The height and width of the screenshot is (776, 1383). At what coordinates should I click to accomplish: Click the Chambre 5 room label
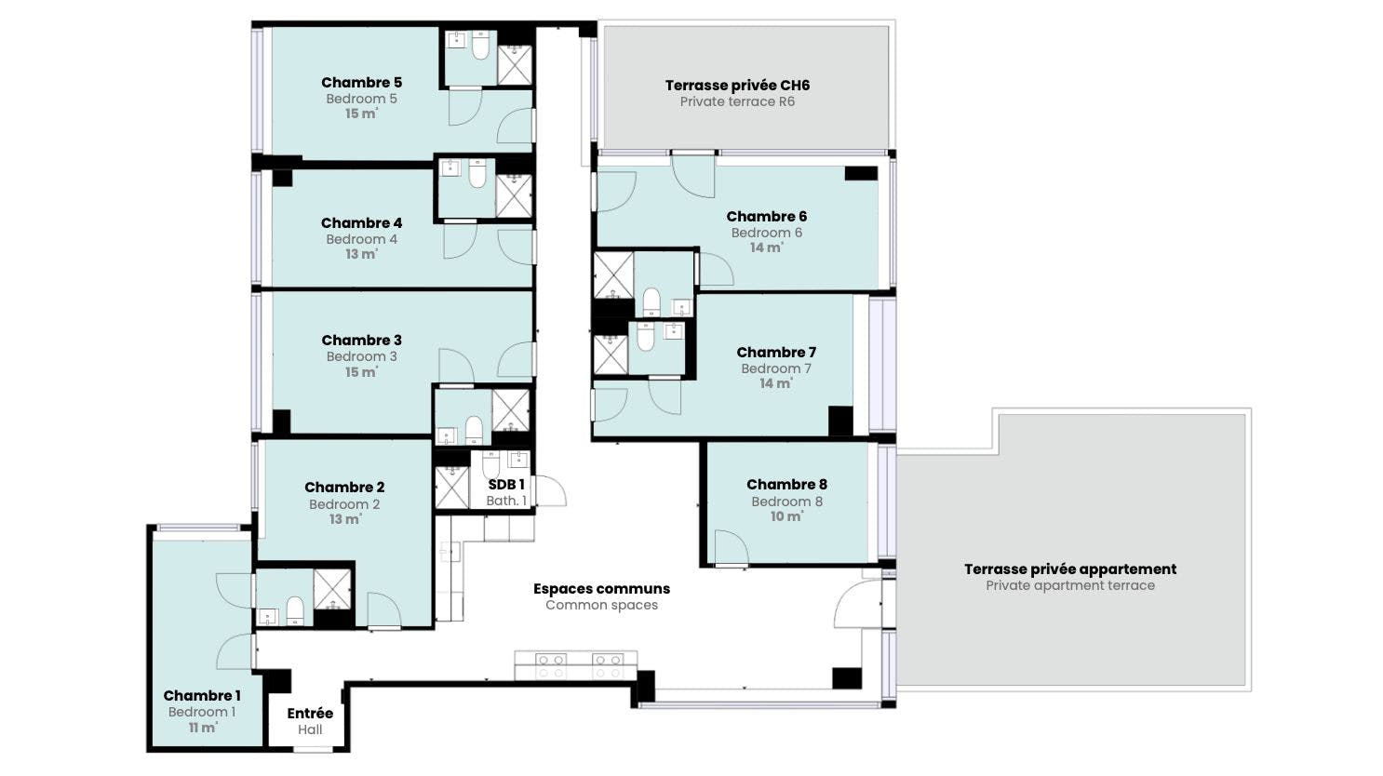pos(361,83)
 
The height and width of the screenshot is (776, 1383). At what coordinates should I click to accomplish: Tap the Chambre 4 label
pos(361,223)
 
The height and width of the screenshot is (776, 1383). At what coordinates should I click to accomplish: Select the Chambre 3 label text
pos(361,341)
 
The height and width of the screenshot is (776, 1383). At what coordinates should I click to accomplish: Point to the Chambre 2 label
pos(344,488)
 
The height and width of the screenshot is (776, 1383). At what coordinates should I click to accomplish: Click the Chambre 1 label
pos(202,696)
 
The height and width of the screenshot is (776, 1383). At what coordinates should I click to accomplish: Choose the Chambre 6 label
pos(766,217)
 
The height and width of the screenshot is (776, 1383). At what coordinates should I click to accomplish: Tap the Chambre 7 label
pos(776,353)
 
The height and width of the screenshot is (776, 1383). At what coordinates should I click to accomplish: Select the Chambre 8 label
pos(786,485)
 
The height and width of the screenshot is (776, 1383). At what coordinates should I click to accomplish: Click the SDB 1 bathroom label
pos(506,485)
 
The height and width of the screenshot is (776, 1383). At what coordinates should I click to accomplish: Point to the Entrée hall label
pos(310,714)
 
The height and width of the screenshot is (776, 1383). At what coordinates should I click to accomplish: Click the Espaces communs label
pos(601,589)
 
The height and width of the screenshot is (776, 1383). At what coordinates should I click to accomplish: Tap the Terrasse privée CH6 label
pos(737,86)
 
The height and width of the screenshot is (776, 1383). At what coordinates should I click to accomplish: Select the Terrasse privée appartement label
pos(1070,569)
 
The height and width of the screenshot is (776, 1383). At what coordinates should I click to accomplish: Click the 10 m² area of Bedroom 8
pos(786,516)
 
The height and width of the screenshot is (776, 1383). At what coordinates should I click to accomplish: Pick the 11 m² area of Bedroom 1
pos(202,728)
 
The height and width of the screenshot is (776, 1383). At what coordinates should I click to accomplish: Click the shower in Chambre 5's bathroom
pos(514,64)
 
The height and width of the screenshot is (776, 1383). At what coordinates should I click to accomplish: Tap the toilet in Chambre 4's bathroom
pos(477,173)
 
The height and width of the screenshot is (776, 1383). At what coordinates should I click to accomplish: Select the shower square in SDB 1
pos(452,488)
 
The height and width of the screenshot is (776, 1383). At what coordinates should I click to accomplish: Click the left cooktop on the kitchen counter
pos(550,665)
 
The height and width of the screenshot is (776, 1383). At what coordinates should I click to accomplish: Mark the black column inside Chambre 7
pos(840,421)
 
